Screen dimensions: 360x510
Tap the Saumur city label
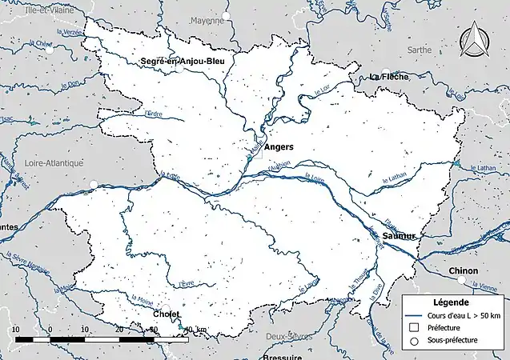(399, 237)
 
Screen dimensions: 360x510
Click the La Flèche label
(390, 77)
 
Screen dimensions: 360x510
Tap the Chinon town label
(464, 270)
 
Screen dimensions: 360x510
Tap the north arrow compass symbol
(478, 39)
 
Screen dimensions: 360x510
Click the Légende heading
(452, 302)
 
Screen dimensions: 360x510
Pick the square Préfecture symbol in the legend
(414, 327)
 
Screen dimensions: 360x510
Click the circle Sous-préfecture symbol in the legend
(414, 341)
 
